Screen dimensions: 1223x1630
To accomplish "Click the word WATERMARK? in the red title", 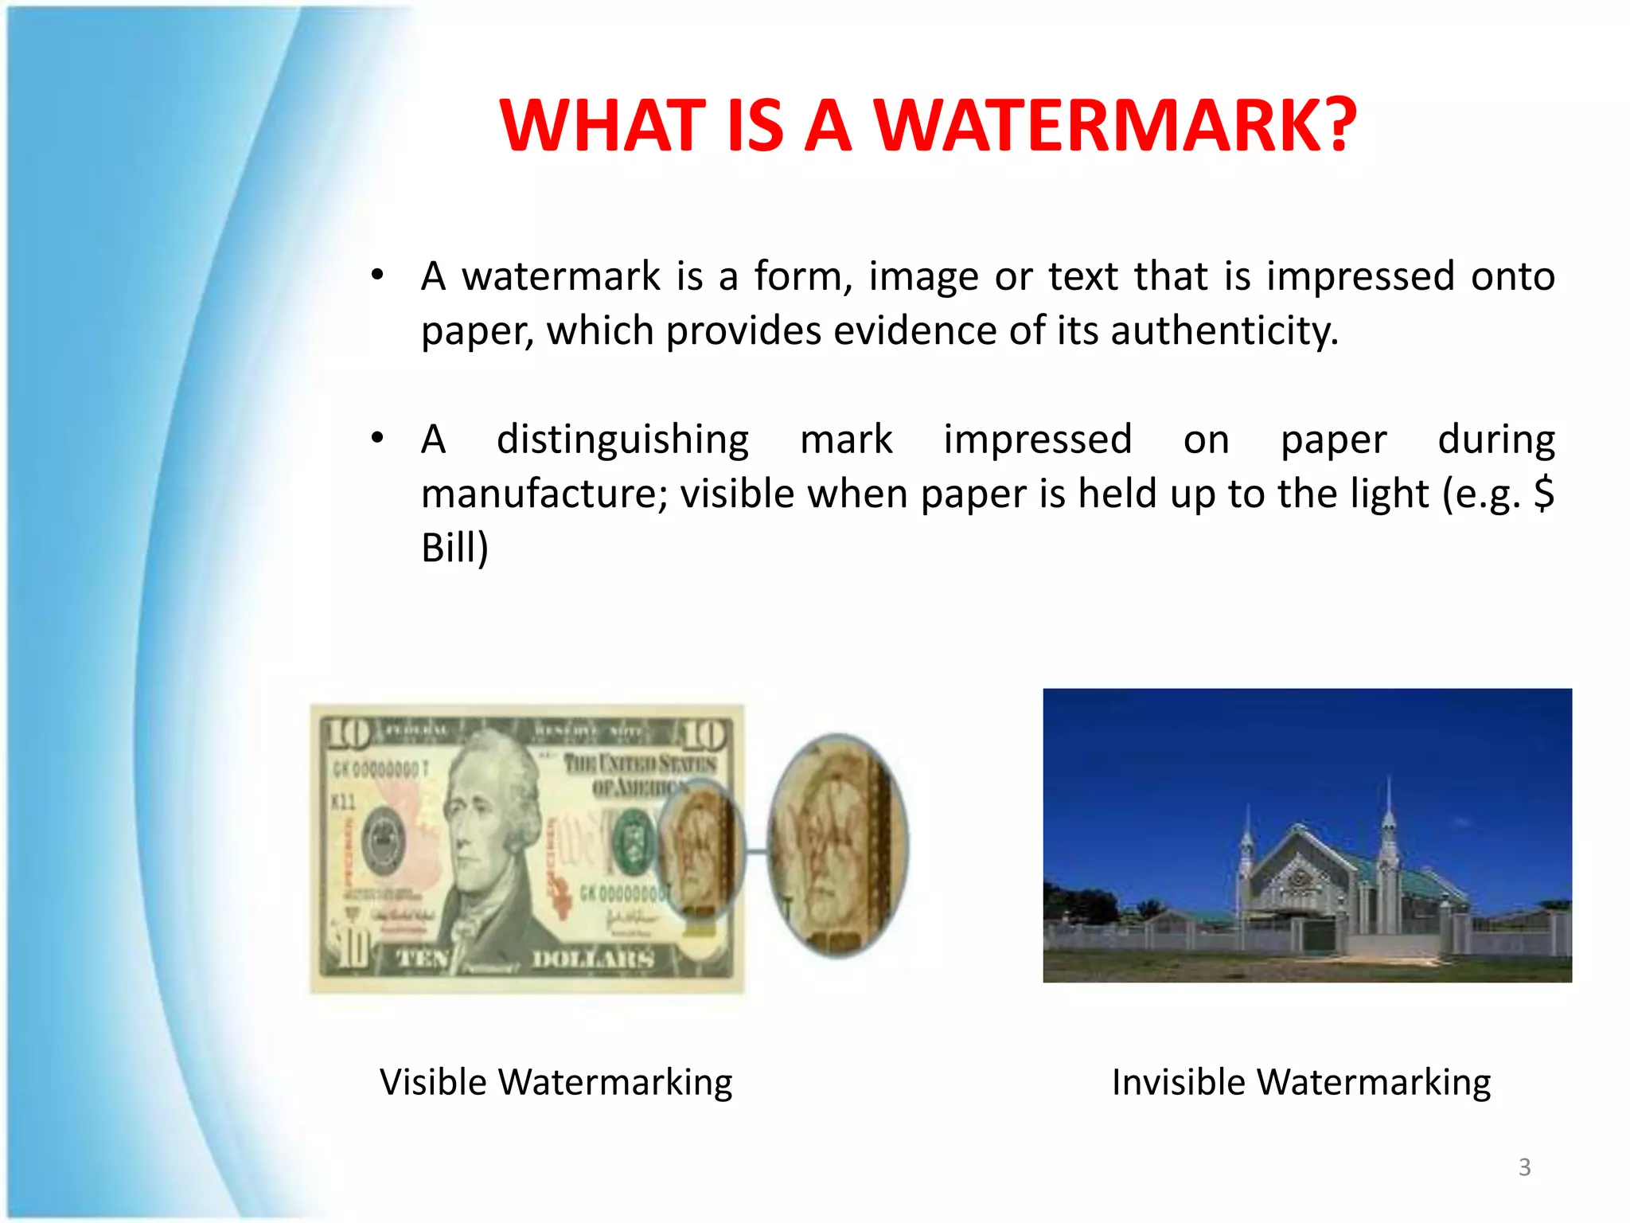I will (x=1116, y=125).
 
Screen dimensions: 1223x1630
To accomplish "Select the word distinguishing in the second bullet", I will (x=622, y=440).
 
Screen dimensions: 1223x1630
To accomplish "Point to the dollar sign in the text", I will (x=1544, y=493).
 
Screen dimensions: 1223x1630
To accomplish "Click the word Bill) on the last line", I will (x=454, y=548).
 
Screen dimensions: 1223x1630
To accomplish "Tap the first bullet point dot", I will (x=377, y=275).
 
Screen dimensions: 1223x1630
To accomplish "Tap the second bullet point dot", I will (x=377, y=438).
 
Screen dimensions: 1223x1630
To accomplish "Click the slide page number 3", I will (x=1524, y=1167).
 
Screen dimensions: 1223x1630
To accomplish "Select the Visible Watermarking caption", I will (x=556, y=1082).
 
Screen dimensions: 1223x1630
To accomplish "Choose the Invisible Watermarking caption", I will (x=1300, y=1082).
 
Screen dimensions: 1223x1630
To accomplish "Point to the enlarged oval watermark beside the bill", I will (x=837, y=846).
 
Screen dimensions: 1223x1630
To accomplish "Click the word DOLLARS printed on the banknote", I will (x=593, y=959).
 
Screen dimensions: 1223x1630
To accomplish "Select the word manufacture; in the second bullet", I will (x=544, y=494).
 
